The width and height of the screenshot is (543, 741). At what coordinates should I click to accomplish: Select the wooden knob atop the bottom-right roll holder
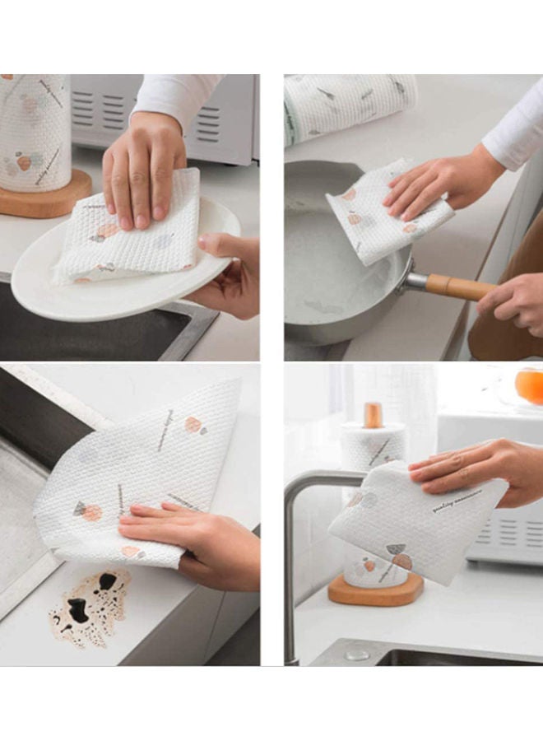(x=374, y=414)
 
